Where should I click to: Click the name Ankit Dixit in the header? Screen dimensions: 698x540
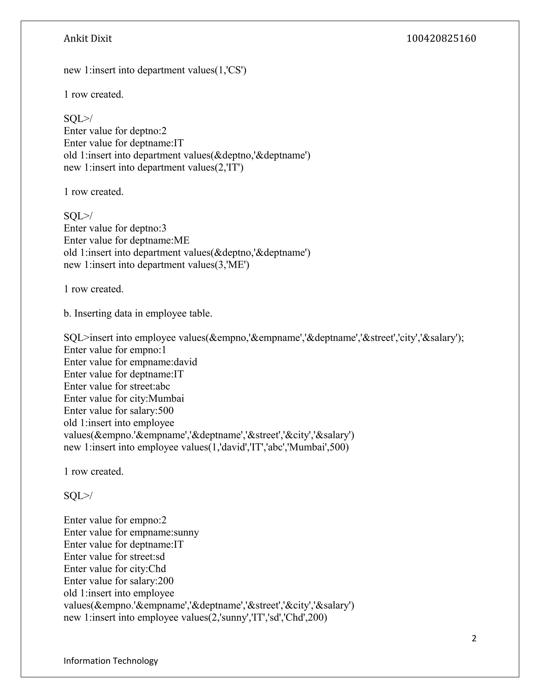coord(88,39)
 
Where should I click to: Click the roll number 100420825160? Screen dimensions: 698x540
coord(441,39)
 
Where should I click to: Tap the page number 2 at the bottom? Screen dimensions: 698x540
coord(474,638)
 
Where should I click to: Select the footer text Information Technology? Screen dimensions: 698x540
coord(111,661)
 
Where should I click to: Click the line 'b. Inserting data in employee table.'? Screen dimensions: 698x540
coord(138,313)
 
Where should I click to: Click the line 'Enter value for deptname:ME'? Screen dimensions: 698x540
coord(126,240)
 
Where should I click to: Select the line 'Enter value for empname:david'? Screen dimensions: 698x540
coord(130,362)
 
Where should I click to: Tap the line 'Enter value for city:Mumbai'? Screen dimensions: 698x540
coord(124,399)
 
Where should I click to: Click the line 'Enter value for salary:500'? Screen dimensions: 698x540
coord(118,411)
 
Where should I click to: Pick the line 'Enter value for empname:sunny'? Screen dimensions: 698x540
coord(131,532)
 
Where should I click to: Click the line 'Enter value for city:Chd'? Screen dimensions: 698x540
coord(114,569)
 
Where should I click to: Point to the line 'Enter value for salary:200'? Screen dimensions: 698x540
coord(118,581)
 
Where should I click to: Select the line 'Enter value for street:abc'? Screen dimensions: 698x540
coord(117,386)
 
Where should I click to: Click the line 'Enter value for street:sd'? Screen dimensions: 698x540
coord(114,557)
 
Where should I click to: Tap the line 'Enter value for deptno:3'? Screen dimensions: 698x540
coord(115,228)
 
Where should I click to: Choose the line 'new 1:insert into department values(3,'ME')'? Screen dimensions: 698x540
coord(156,265)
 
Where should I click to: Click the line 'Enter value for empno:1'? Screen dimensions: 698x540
coord(115,350)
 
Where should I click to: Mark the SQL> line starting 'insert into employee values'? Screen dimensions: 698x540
coord(263,338)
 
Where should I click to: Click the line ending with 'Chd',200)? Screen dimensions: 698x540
coord(195,617)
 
